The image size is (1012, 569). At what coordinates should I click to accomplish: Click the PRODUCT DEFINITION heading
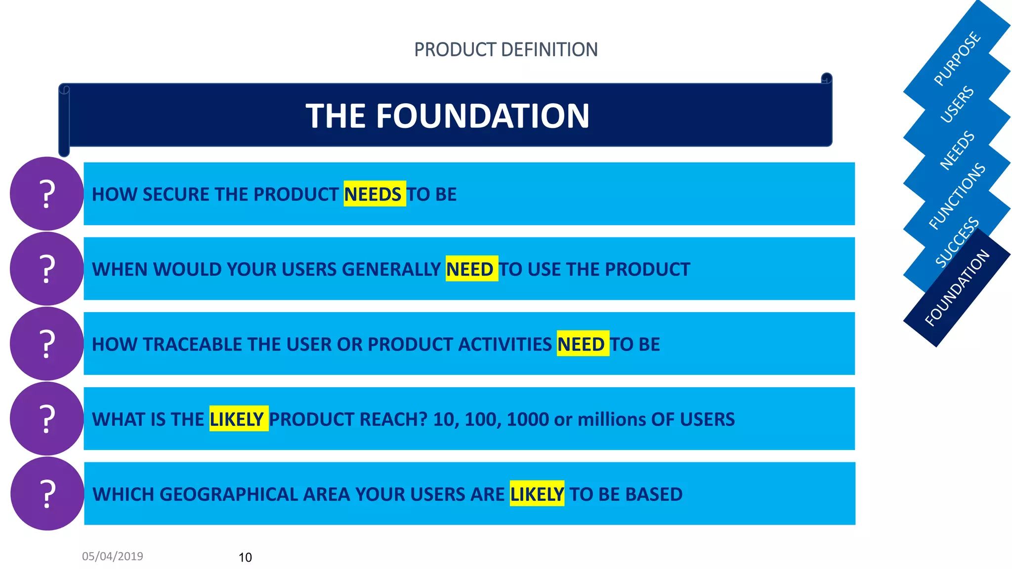pos(506,49)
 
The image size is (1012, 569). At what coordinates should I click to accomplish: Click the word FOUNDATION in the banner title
pos(483,116)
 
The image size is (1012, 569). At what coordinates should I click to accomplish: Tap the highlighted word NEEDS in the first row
pos(374,194)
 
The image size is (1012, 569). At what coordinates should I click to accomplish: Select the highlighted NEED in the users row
pos(471,269)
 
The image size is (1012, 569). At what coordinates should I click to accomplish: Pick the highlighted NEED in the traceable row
pos(582,344)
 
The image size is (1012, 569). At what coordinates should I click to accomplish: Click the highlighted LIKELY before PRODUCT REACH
pos(238,419)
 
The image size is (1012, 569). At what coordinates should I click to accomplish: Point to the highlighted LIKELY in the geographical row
pos(537,494)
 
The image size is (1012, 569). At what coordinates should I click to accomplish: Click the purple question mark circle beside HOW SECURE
pos(47,194)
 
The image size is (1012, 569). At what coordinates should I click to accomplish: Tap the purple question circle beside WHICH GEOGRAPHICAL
pos(47,493)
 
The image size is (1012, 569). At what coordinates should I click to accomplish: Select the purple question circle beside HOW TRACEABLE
pos(47,344)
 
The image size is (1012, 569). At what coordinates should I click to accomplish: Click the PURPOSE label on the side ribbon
pos(957,58)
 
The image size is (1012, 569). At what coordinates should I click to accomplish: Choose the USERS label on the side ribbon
pos(957,105)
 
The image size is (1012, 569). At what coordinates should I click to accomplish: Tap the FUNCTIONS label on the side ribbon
pos(957,196)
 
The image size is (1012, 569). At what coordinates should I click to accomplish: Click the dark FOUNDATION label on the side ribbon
pos(957,288)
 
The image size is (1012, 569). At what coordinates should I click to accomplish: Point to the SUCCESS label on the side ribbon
pos(957,242)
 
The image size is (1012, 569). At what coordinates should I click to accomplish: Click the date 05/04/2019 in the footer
pos(112,556)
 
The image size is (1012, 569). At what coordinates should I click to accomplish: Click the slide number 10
pos(245,557)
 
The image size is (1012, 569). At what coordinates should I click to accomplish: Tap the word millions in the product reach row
pos(612,419)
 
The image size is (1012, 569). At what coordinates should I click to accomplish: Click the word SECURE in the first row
pos(173,194)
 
